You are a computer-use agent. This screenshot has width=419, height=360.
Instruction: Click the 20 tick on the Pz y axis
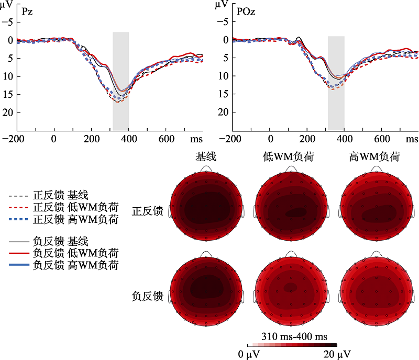click(x=9, y=113)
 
